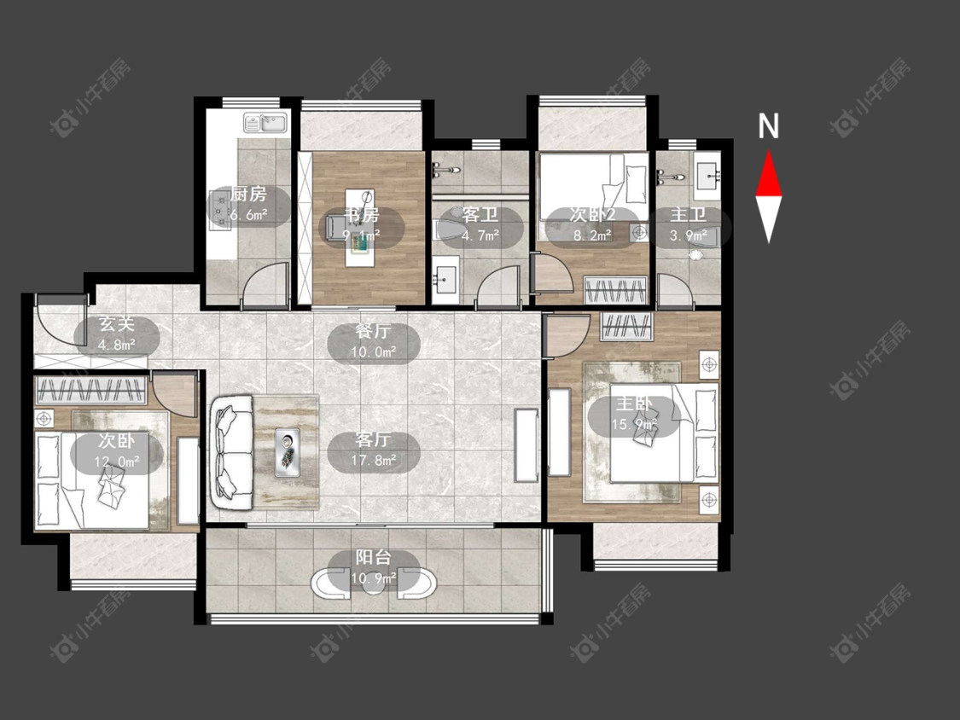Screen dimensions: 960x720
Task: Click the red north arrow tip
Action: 769,152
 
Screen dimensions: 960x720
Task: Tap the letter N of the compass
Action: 768,126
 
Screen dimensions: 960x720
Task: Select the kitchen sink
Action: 266,123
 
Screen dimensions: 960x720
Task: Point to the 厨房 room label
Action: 248,195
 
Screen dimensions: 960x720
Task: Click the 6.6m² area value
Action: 248,215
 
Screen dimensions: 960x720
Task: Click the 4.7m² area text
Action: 480,235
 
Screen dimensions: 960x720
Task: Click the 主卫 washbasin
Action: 707,175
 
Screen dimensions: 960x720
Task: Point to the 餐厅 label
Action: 373,332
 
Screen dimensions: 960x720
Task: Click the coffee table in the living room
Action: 287,452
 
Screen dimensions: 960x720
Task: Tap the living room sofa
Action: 232,452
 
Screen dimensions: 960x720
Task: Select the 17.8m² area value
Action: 373,460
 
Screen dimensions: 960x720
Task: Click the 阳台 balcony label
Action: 373,558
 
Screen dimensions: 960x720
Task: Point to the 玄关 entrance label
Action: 116,324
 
